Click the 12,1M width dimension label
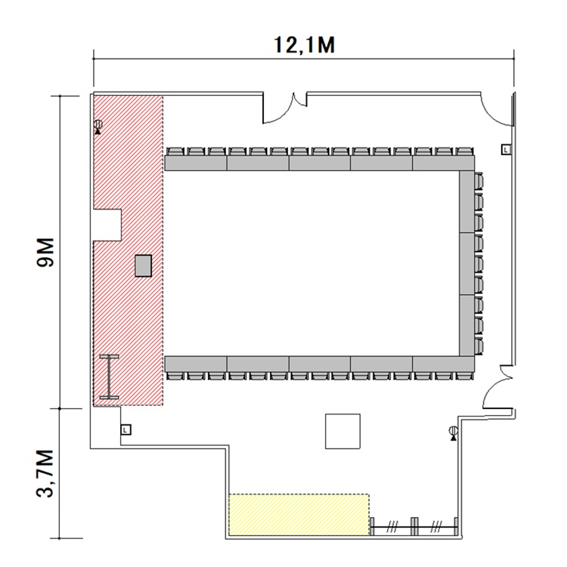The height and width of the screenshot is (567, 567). point(305,45)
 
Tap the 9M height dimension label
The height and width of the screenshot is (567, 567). point(45,253)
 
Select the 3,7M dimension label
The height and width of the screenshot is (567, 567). point(45,474)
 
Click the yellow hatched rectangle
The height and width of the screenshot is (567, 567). point(299,515)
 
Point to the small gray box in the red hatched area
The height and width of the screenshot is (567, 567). point(143,266)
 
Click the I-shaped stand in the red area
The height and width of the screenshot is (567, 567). point(109,377)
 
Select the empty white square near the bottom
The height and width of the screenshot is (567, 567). point(342,432)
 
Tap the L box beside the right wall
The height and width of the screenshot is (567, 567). point(506,150)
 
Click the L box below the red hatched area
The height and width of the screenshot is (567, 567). point(125,430)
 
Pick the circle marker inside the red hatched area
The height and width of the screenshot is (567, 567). point(98,125)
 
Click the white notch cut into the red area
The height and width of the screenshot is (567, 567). point(107,225)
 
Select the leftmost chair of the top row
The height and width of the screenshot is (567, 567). point(175,151)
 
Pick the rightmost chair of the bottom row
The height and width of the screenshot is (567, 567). point(464,375)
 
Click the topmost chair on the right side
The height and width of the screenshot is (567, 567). point(479,181)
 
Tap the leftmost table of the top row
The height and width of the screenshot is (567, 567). point(196,163)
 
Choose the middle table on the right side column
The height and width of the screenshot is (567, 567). point(467,264)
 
